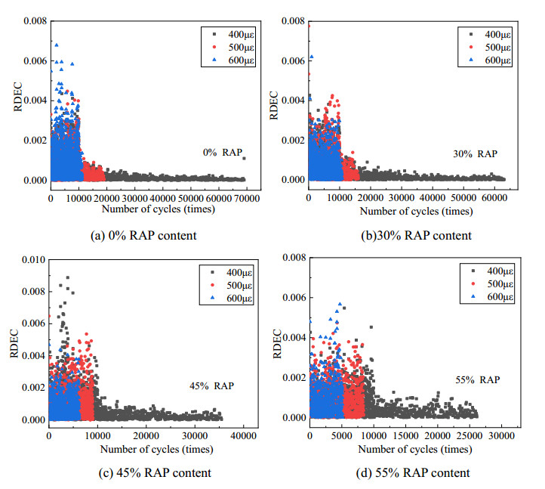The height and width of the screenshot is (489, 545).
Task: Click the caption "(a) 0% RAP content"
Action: point(143,235)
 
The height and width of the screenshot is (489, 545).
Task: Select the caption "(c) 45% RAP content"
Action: point(151,472)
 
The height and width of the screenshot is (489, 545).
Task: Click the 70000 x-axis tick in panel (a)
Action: point(246,198)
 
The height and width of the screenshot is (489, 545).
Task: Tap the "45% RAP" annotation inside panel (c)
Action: point(211,386)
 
